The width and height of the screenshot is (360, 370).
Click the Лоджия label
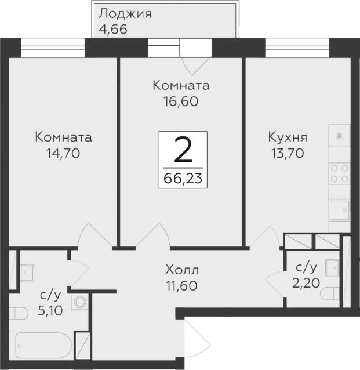(x=125, y=13)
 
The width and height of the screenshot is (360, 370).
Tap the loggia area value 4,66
(x=112, y=28)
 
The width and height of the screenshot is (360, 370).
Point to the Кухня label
(x=287, y=138)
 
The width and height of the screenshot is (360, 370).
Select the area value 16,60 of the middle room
(x=180, y=101)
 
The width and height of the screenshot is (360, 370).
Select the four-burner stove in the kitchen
(x=339, y=172)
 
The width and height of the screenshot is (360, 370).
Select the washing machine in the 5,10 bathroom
(x=80, y=301)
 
